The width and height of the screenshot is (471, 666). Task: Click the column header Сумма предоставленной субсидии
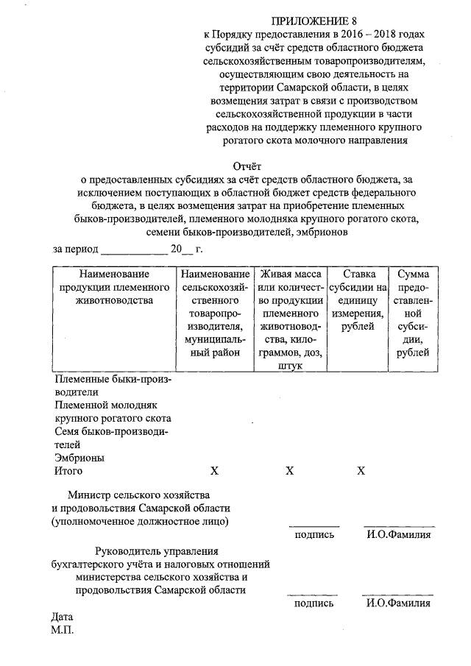413,313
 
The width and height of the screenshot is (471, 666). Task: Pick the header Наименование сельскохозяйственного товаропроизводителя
214,313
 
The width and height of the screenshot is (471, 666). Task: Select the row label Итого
69,471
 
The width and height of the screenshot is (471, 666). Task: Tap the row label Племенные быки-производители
110,386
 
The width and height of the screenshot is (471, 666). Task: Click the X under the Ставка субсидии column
361,471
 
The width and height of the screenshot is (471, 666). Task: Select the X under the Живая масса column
290,471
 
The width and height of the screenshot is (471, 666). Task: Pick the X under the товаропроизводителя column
214,471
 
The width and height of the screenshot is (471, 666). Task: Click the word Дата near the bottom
63,617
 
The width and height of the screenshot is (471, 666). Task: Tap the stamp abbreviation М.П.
64,630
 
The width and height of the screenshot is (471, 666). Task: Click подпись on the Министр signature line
314,534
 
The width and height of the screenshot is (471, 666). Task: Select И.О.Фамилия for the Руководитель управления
398,603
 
